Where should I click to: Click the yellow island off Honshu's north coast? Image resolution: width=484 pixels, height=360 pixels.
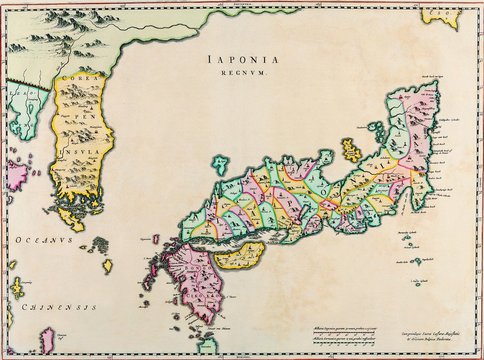point(351,150)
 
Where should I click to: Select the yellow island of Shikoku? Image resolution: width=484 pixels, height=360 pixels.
point(239,256)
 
